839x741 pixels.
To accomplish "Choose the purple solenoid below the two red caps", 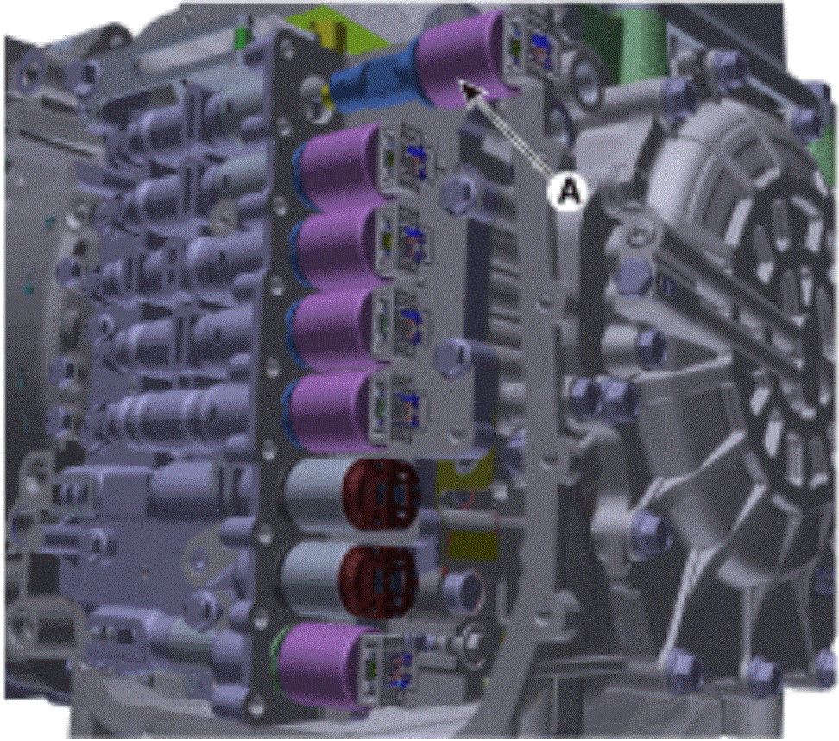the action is (x=321, y=665).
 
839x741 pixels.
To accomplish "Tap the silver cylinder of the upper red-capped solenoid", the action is (x=316, y=495).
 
